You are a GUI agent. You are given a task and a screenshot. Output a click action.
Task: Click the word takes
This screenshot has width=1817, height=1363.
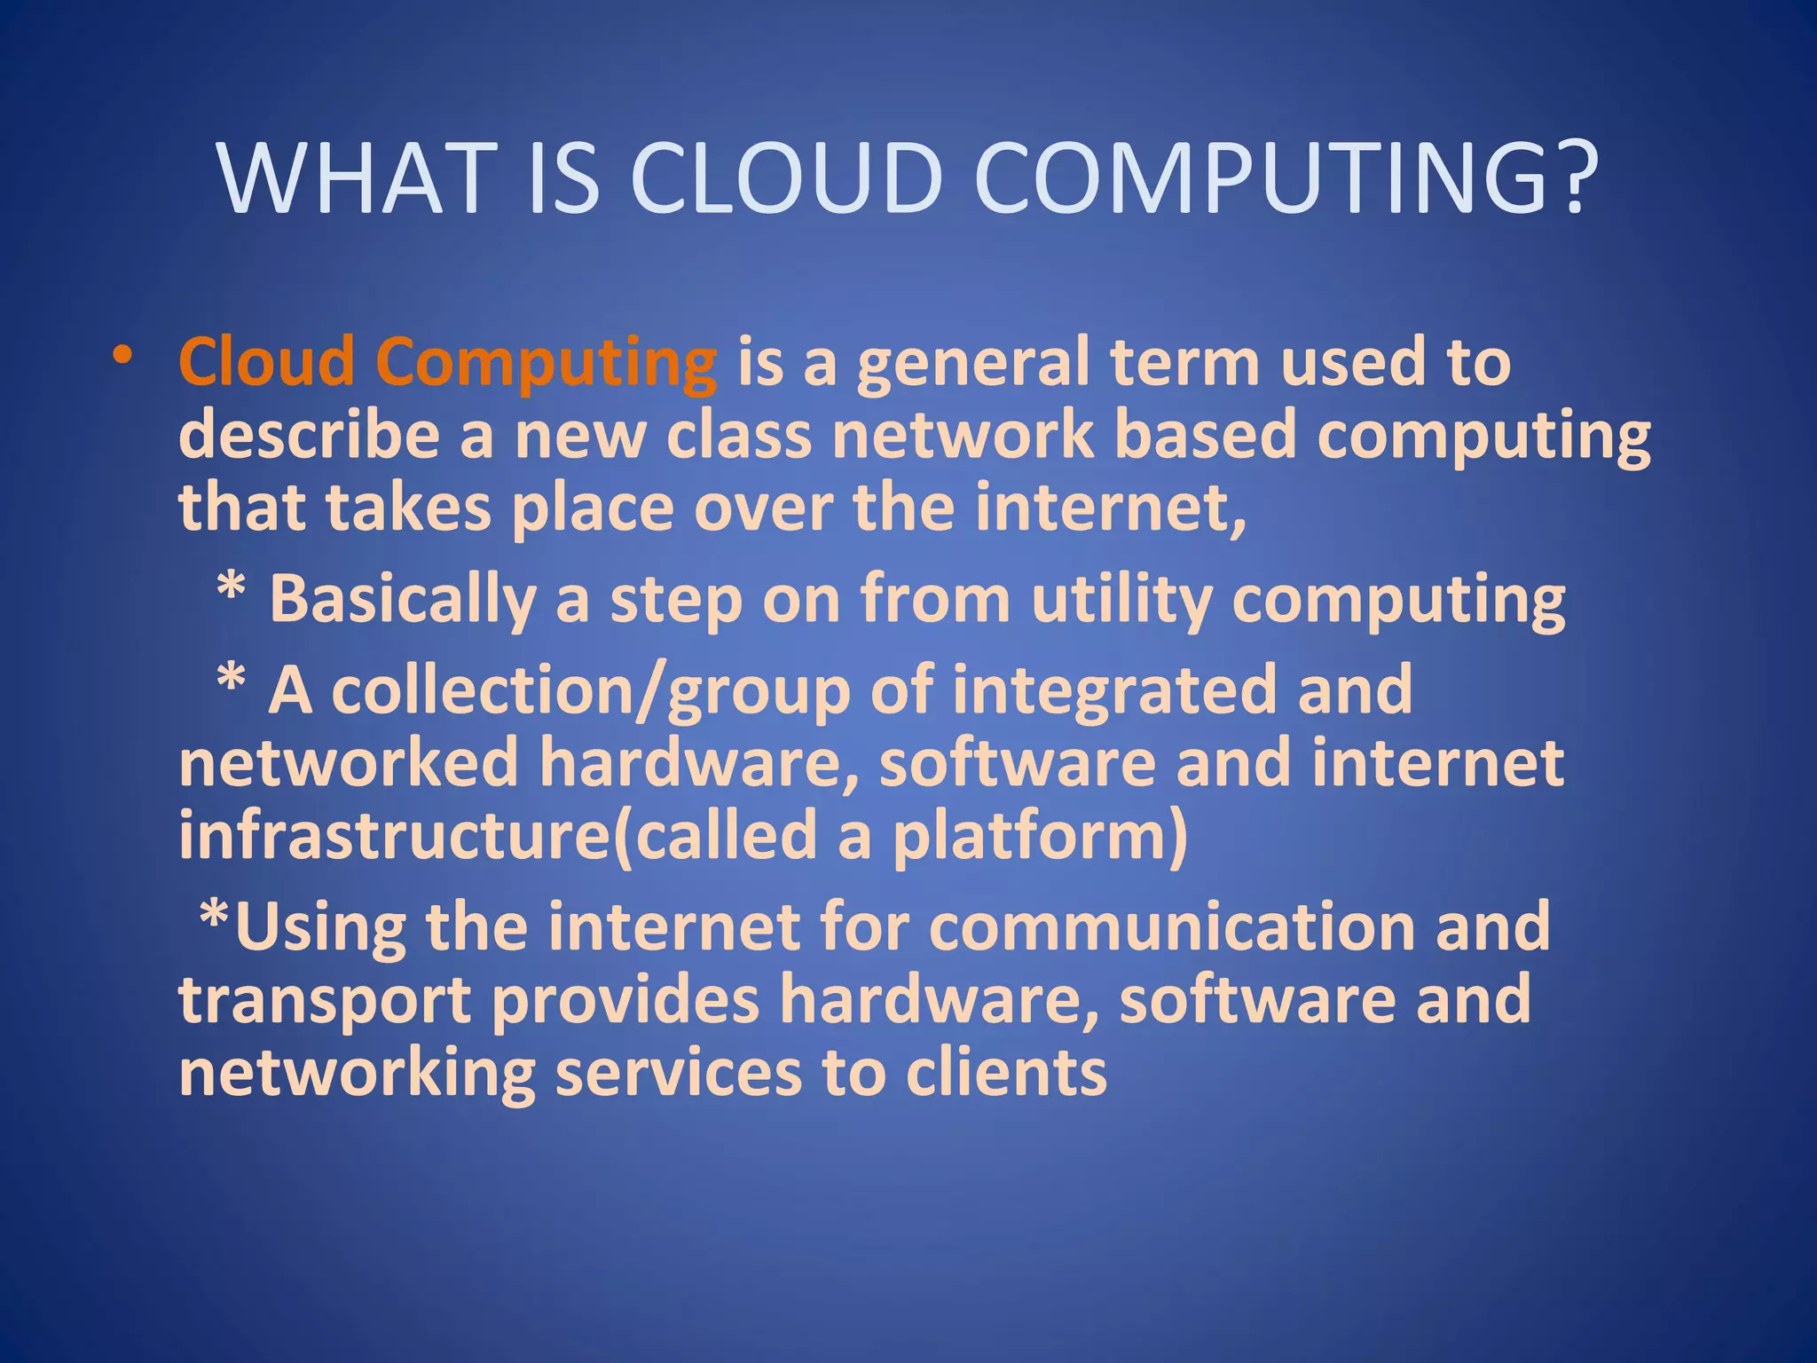[408, 508]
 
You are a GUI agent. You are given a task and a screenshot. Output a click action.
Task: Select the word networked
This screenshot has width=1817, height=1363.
[348, 763]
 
